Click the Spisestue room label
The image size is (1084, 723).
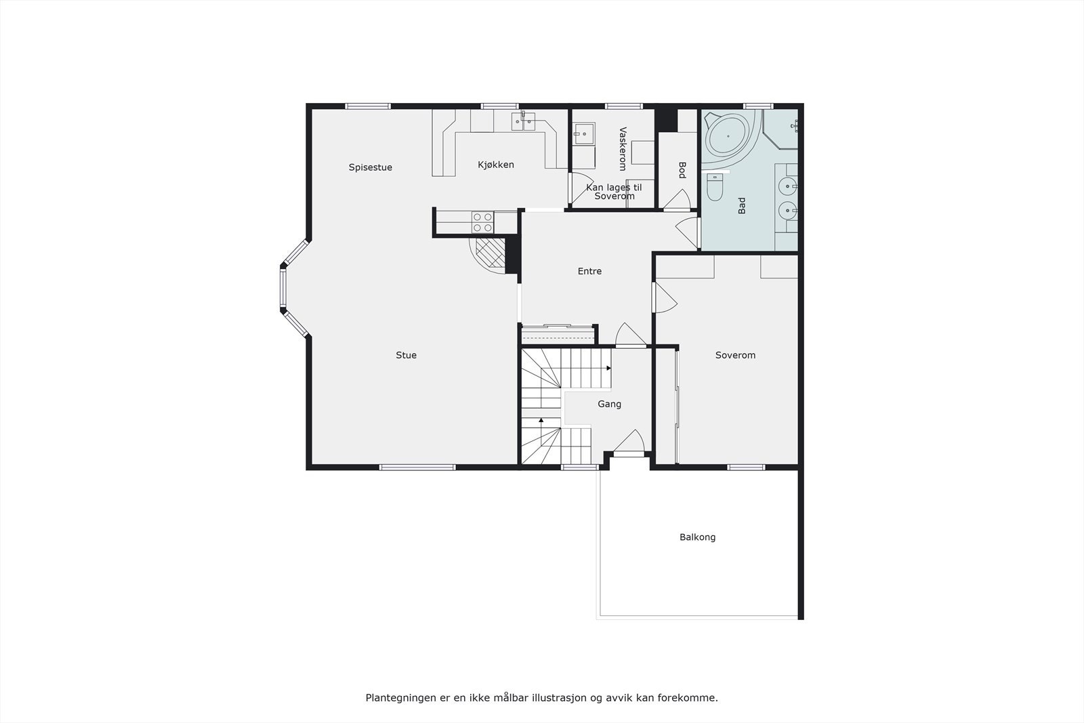(x=370, y=167)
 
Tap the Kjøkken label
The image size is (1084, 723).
(x=495, y=165)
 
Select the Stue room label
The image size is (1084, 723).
(x=406, y=355)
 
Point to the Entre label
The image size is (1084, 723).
(x=589, y=271)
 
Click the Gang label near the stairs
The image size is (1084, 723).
(x=609, y=404)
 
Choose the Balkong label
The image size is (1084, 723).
(x=697, y=537)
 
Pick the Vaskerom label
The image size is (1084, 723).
(x=623, y=148)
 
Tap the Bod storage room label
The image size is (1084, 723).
(x=682, y=169)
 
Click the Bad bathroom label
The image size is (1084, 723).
(x=741, y=205)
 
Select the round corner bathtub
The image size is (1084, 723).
(x=728, y=136)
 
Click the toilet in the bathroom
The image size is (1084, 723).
(x=715, y=188)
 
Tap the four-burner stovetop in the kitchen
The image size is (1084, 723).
(x=482, y=222)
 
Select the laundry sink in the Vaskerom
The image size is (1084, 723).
(x=583, y=134)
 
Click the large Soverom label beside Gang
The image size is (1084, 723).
(x=735, y=355)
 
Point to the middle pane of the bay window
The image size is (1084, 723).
(x=283, y=289)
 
